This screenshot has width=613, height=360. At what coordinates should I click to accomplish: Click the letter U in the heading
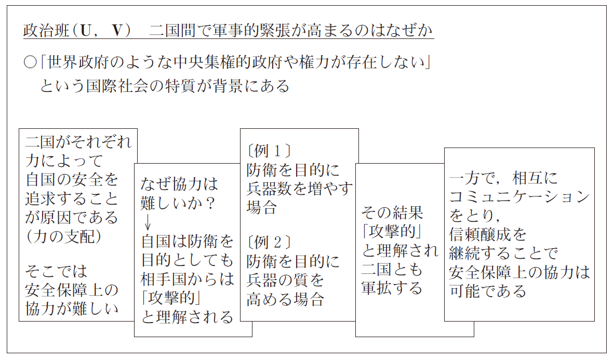coord(85,31)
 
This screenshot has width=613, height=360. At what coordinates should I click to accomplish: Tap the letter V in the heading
coord(117,31)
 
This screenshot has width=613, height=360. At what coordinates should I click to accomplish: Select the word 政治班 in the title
coord(46,31)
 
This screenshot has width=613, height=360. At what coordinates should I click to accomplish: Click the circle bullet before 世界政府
coord(30,62)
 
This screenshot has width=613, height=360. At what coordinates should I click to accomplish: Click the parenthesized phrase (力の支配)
coord(64,236)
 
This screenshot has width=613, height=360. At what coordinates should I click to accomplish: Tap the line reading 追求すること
coord(72,198)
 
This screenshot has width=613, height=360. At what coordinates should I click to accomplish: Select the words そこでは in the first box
coord(56,271)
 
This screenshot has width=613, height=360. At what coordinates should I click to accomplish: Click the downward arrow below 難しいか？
coord(148,222)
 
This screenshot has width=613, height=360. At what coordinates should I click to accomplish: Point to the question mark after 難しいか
coord(210,203)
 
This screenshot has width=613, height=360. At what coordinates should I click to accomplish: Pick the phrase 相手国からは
coord(187,279)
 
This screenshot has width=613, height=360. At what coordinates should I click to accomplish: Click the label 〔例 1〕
coord(270,151)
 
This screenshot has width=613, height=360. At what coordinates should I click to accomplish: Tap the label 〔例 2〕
coord(270,243)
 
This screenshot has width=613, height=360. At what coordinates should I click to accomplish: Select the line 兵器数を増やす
coord(300,189)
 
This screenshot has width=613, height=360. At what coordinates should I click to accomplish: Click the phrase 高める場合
coord(285,299)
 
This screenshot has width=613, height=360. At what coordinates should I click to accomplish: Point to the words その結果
coord(392,212)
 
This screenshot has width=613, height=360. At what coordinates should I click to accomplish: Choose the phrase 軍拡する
coord(392,288)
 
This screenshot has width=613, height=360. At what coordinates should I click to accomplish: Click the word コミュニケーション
coord(519,196)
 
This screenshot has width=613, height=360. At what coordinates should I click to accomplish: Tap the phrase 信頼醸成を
coord(487,234)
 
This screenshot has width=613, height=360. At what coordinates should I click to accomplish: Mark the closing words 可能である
coord(487,291)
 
